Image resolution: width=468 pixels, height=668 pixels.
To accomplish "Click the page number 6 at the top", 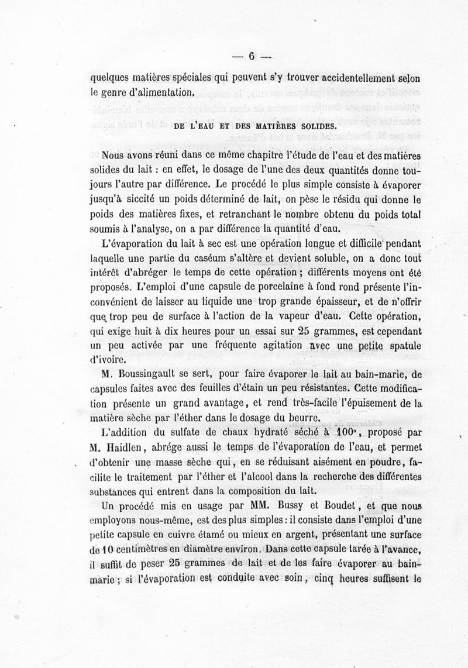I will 252,57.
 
